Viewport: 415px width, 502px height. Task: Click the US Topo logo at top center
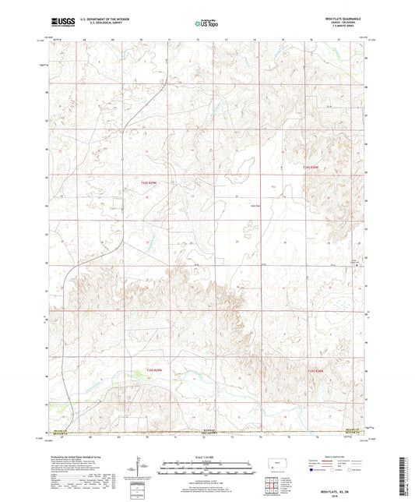coord(206,24)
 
